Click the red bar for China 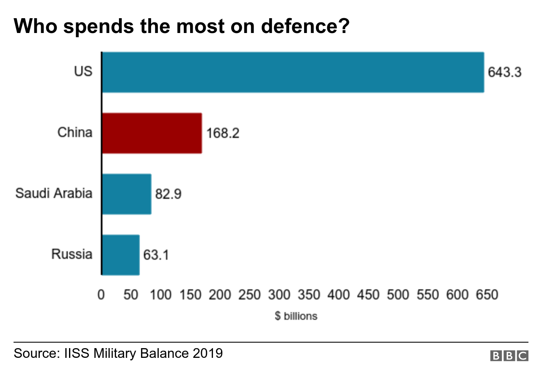pyautogui.click(x=152, y=133)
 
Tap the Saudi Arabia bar pyautogui.click(x=127, y=194)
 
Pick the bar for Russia pyautogui.click(x=121, y=255)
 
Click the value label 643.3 pyautogui.click(x=504, y=72)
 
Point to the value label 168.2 pyautogui.click(x=223, y=134)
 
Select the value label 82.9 pyautogui.click(x=169, y=195)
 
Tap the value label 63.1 pyautogui.click(x=156, y=255)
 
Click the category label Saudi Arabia pyautogui.click(x=54, y=194)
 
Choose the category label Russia pyautogui.click(x=72, y=255)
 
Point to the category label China pyautogui.click(x=75, y=133)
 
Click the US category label pyautogui.click(x=83, y=71)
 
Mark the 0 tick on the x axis pyautogui.click(x=101, y=295)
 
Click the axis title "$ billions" pyautogui.click(x=296, y=316)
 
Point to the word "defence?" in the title pyautogui.click(x=305, y=26)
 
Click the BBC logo pyautogui.click(x=509, y=356)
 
